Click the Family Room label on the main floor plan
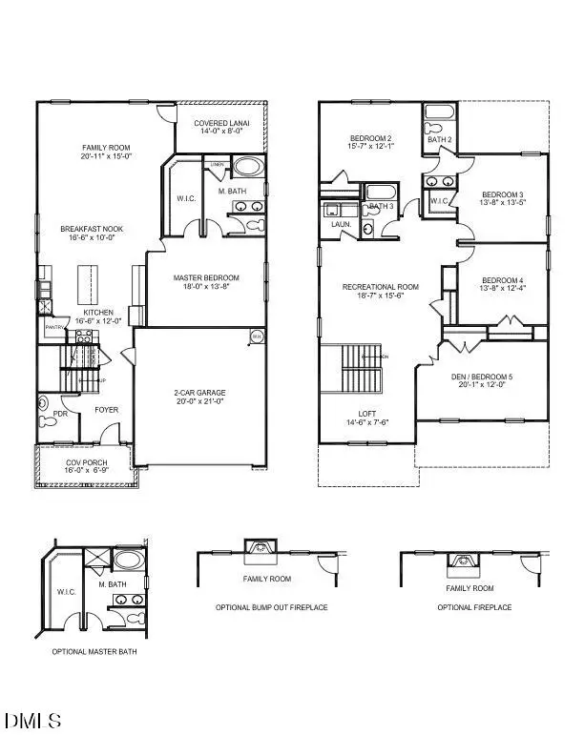105,148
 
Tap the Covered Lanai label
222,124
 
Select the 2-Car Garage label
198,393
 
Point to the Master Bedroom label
206,278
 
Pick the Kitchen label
99,313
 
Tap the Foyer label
106,411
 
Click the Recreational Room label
381,287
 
